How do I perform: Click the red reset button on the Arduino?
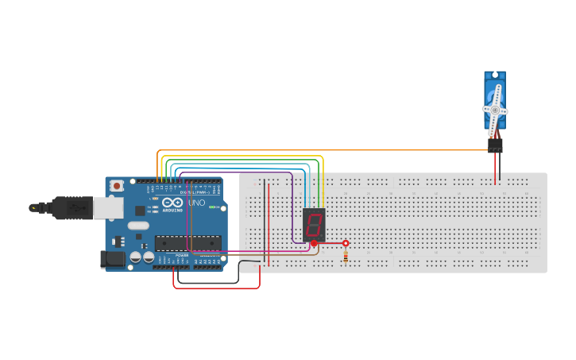point(117,186)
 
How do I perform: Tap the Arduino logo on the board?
point(172,203)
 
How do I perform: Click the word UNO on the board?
point(196,203)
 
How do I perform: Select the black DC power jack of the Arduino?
point(113,259)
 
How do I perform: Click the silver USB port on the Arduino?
point(108,207)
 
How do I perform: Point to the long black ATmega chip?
point(187,242)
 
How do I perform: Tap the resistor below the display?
point(346,256)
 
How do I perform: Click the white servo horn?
point(495,110)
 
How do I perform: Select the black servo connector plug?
point(495,145)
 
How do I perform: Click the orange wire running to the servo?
point(397,149)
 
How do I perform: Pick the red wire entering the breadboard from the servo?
point(495,168)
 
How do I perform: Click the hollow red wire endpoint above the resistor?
point(346,243)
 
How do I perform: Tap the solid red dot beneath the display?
point(314,243)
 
